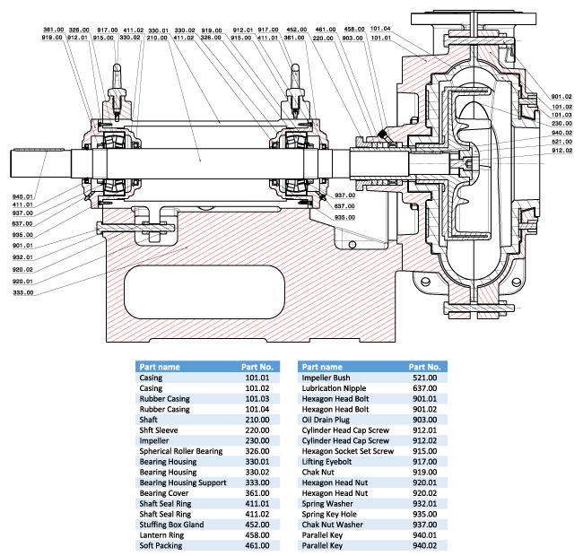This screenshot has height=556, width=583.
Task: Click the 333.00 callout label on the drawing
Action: (23, 292)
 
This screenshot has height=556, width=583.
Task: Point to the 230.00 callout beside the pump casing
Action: (562, 123)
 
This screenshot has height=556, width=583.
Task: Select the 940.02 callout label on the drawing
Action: (562, 132)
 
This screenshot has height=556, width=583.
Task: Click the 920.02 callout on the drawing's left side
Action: (23, 269)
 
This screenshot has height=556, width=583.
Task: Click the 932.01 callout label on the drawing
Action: (23, 256)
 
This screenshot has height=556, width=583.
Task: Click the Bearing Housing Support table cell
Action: (182, 482)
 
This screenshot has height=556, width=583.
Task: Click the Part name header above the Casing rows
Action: (160, 367)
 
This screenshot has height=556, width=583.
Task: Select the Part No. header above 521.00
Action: (423, 367)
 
